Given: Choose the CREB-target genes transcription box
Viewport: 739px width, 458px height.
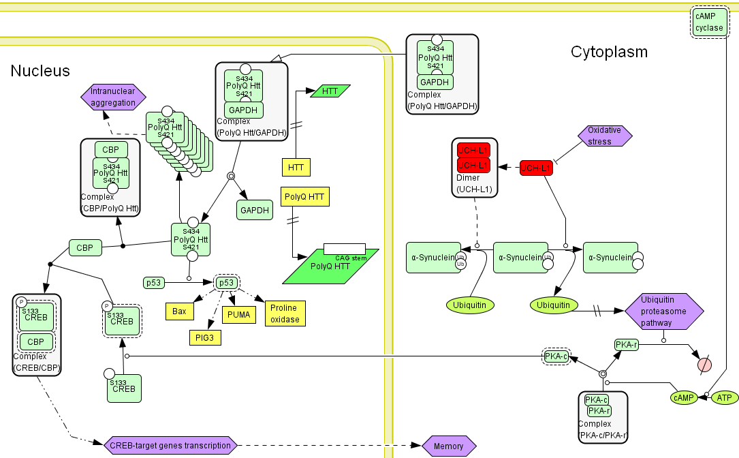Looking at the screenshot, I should tap(170, 446).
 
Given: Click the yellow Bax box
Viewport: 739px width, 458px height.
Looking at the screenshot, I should tap(179, 311).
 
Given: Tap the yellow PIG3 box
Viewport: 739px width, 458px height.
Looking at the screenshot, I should tap(205, 336).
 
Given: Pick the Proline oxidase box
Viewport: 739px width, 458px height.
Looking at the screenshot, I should tap(285, 313).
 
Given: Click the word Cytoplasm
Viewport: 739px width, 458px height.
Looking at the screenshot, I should tap(609, 52).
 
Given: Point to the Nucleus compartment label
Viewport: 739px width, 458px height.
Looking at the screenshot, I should tap(40, 71).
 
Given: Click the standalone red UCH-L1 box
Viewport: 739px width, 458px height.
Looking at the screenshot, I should tap(536, 168).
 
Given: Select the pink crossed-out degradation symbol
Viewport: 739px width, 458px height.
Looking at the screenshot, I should tap(704, 365).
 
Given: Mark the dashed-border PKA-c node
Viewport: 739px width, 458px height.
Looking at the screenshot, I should tap(556, 356).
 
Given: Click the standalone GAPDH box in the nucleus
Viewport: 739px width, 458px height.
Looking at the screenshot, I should tap(255, 210).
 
